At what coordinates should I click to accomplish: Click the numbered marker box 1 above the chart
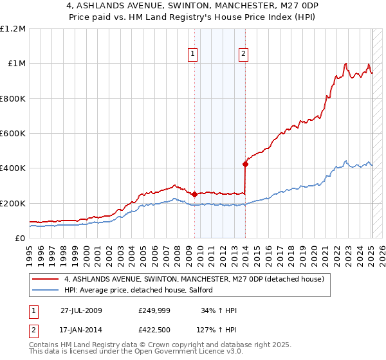193,55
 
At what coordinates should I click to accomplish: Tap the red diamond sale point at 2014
245,164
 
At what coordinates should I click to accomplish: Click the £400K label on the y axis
14,168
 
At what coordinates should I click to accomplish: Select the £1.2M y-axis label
14,29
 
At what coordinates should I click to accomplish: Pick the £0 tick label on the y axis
20,239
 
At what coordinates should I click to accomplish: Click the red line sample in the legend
45,279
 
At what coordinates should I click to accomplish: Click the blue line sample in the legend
45,291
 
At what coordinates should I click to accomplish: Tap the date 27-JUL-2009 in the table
81,310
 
